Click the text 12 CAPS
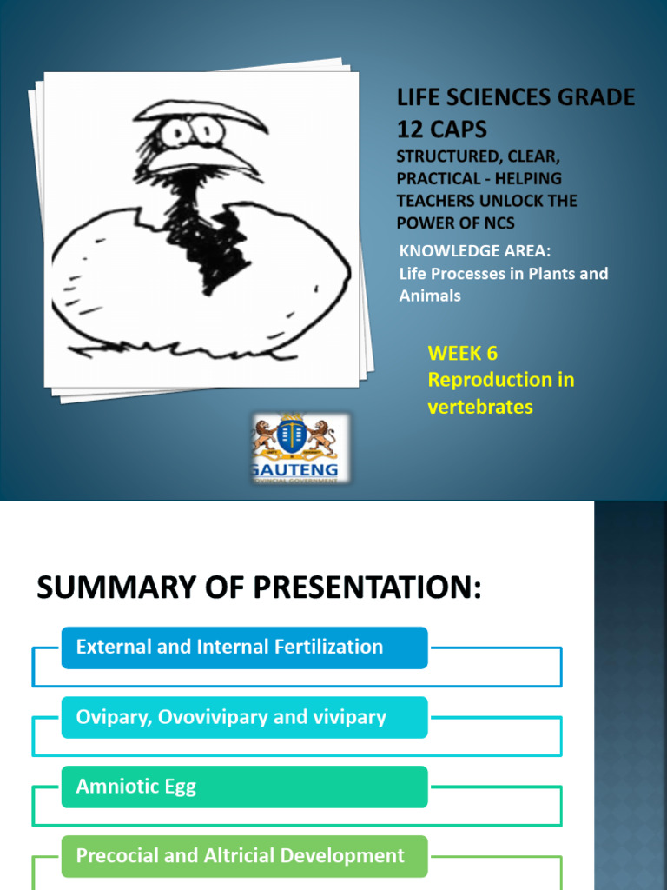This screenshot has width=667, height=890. pos(441,130)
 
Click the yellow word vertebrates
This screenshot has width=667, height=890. pos(479,407)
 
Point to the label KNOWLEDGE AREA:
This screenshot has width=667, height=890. pos(474,251)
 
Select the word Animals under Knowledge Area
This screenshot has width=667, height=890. pos(429,296)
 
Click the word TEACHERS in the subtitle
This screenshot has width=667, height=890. pos(438,201)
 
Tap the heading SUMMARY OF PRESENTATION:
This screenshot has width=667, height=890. pos(258,589)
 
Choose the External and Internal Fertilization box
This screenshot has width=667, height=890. pos(244,648)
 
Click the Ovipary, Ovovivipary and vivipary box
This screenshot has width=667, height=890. pos(244,717)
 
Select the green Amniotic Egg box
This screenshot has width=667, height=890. pos(244,787)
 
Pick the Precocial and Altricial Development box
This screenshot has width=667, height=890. pos(244,856)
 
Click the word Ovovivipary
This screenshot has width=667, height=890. pos(213,717)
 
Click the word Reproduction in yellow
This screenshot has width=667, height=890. pos(489,380)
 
